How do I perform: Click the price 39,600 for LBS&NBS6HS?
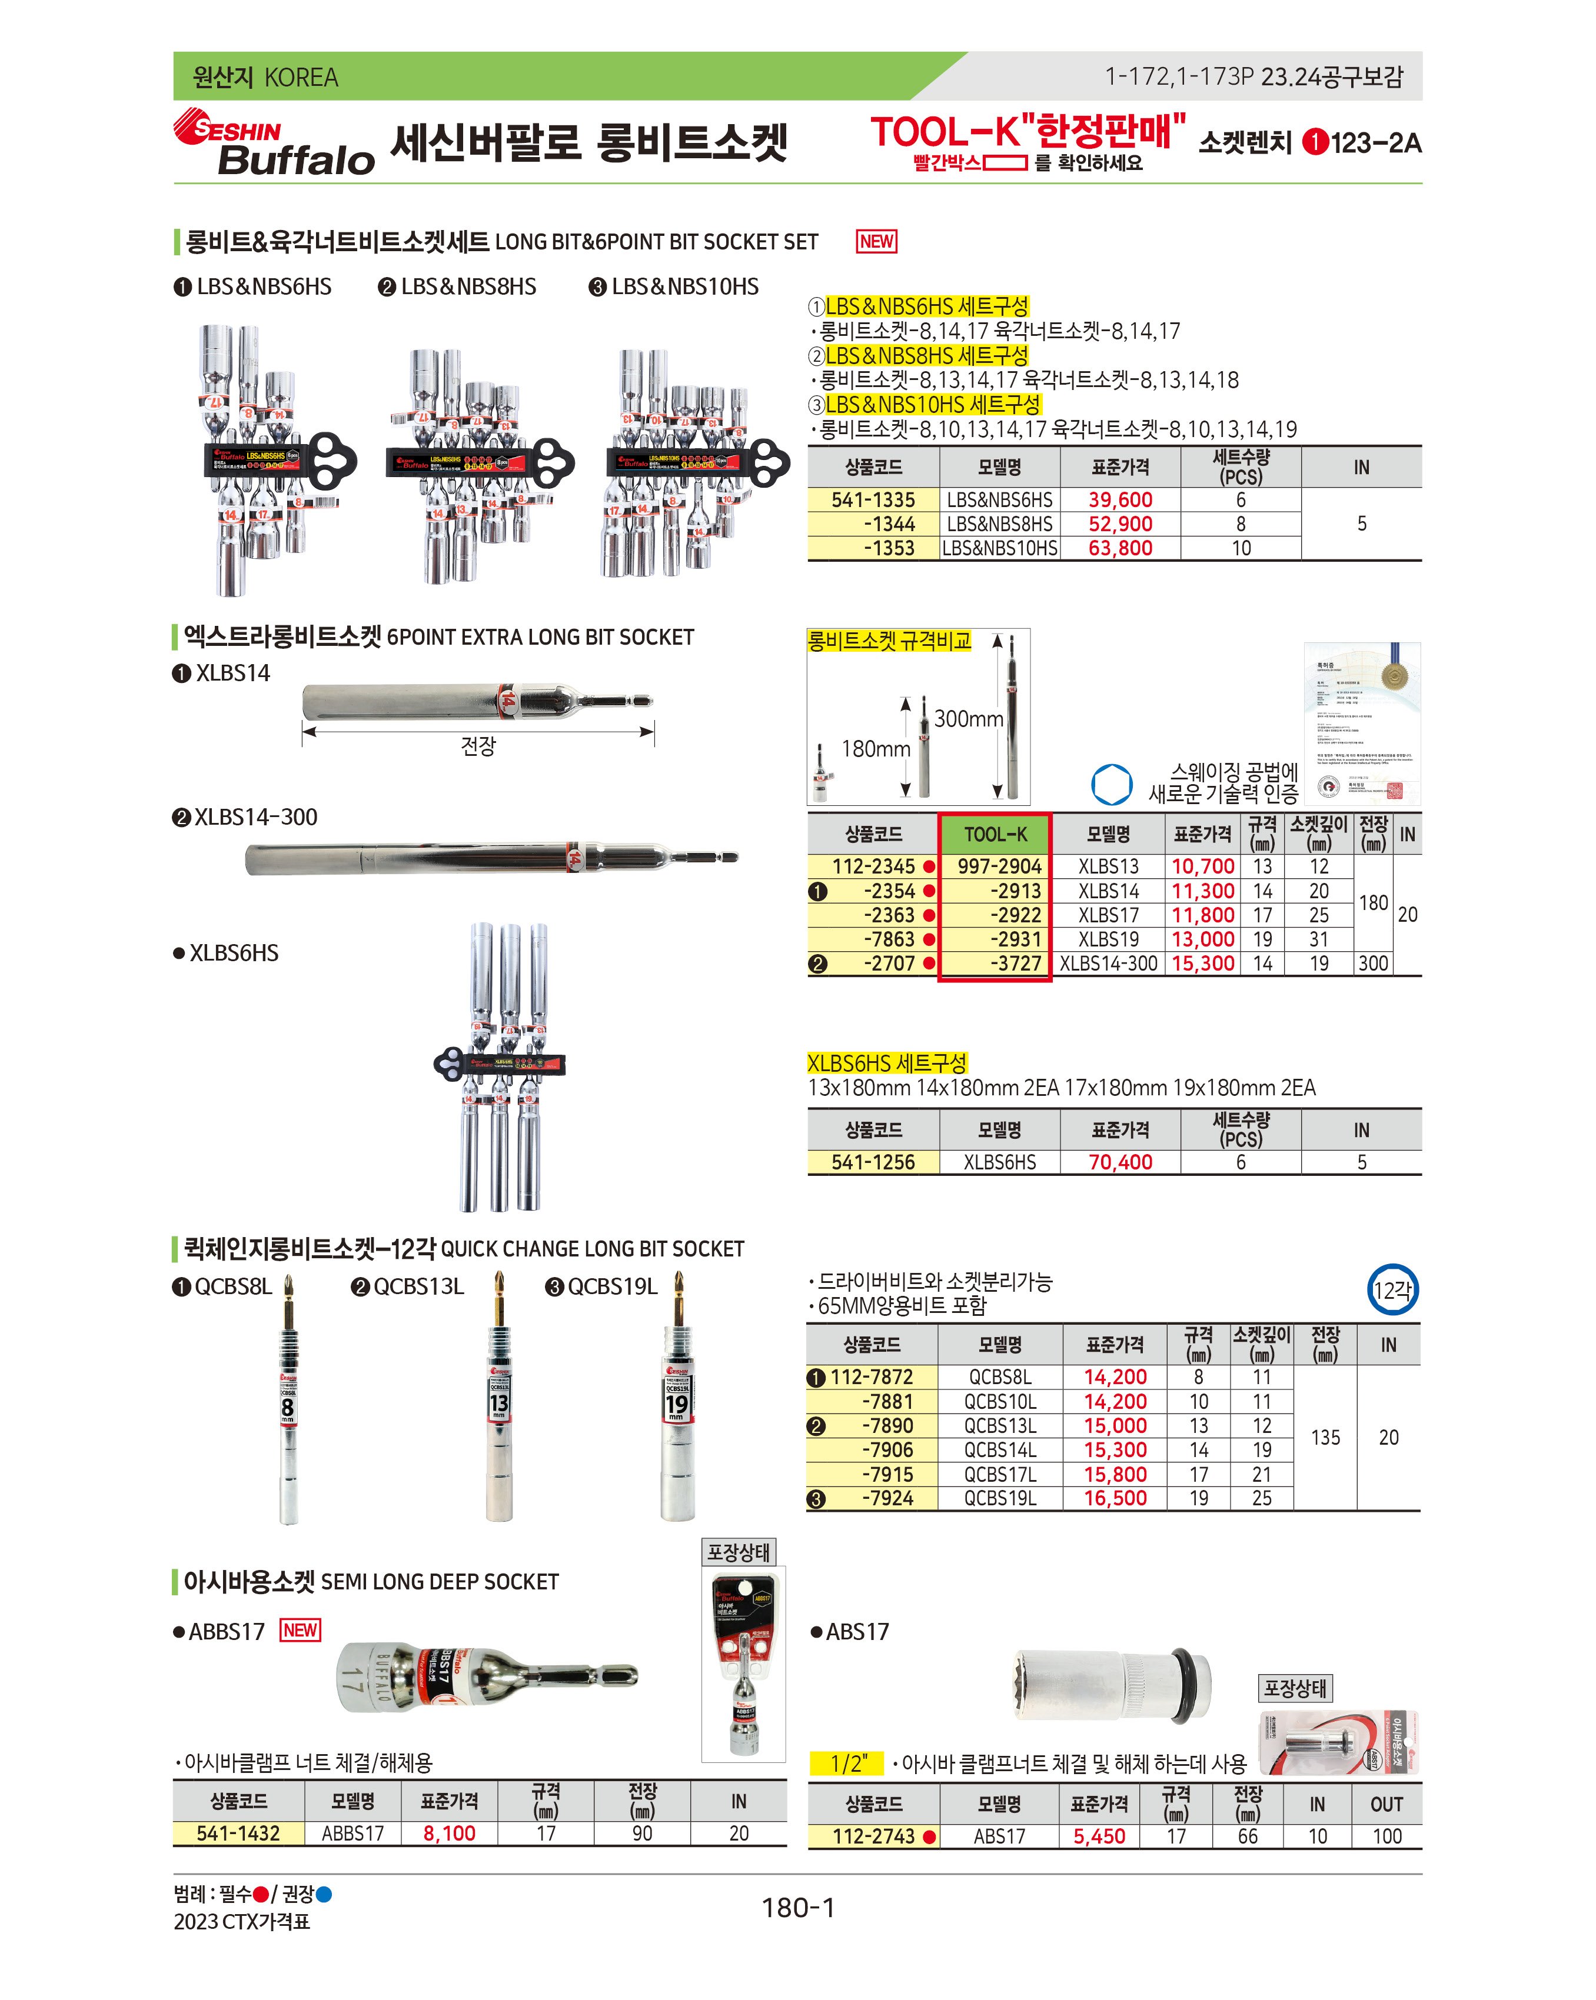(1119, 500)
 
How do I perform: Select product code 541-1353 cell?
(873, 548)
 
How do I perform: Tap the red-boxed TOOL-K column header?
(995, 834)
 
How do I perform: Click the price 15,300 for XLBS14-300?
(1202, 964)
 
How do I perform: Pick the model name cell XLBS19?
(1108, 939)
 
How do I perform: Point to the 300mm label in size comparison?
(968, 719)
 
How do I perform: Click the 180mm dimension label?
(875, 749)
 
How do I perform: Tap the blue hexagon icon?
(1110, 785)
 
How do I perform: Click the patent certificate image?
(1361, 724)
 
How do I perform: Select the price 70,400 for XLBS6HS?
(1119, 1162)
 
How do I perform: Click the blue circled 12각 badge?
(1392, 1289)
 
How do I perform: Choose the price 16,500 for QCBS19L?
(1115, 1498)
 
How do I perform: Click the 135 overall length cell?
(1325, 1438)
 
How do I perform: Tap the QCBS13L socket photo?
(499, 1401)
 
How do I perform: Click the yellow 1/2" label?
(846, 1764)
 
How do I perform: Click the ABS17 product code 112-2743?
(873, 1836)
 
